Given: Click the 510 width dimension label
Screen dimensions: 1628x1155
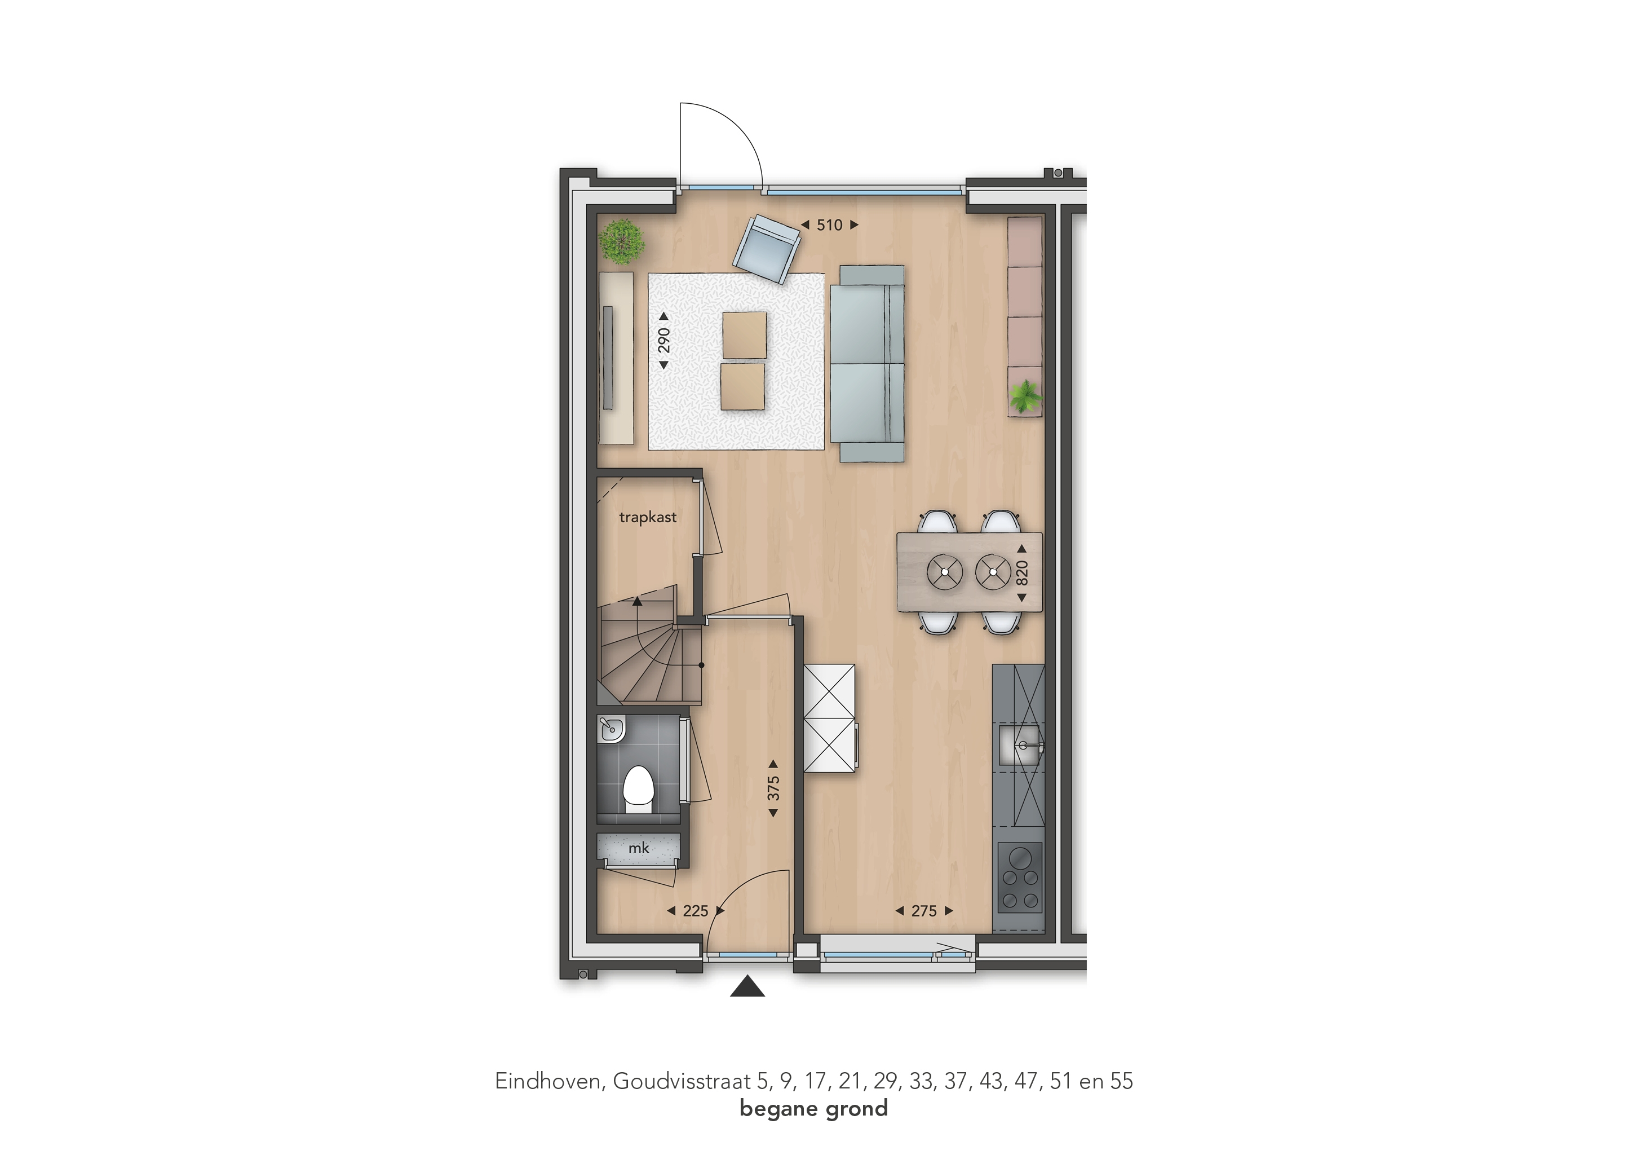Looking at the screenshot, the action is tap(829, 225).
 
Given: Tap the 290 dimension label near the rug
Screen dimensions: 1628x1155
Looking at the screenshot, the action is tap(663, 340).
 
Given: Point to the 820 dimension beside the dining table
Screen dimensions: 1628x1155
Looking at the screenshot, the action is tap(1021, 572).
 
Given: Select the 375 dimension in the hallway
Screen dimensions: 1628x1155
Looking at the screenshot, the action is tap(773, 788).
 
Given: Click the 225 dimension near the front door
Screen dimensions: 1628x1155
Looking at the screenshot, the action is tap(695, 910).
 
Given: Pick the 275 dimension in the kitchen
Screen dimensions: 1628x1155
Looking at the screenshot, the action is tap(923, 910).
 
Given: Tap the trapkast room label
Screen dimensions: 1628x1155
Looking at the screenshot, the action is tap(648, 517).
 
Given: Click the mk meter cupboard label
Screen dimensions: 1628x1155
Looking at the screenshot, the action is tap(638, 848).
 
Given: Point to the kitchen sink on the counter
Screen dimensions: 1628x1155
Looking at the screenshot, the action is tap(1020, 744).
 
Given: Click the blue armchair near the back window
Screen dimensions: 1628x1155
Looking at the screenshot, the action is tap(767, 249).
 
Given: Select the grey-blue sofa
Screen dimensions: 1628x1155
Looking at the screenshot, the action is tap(871, 363).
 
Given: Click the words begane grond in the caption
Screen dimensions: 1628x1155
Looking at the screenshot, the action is tap(814, 1109).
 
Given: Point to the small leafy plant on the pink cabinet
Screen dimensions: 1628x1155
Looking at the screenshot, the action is tap(1024, 395).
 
